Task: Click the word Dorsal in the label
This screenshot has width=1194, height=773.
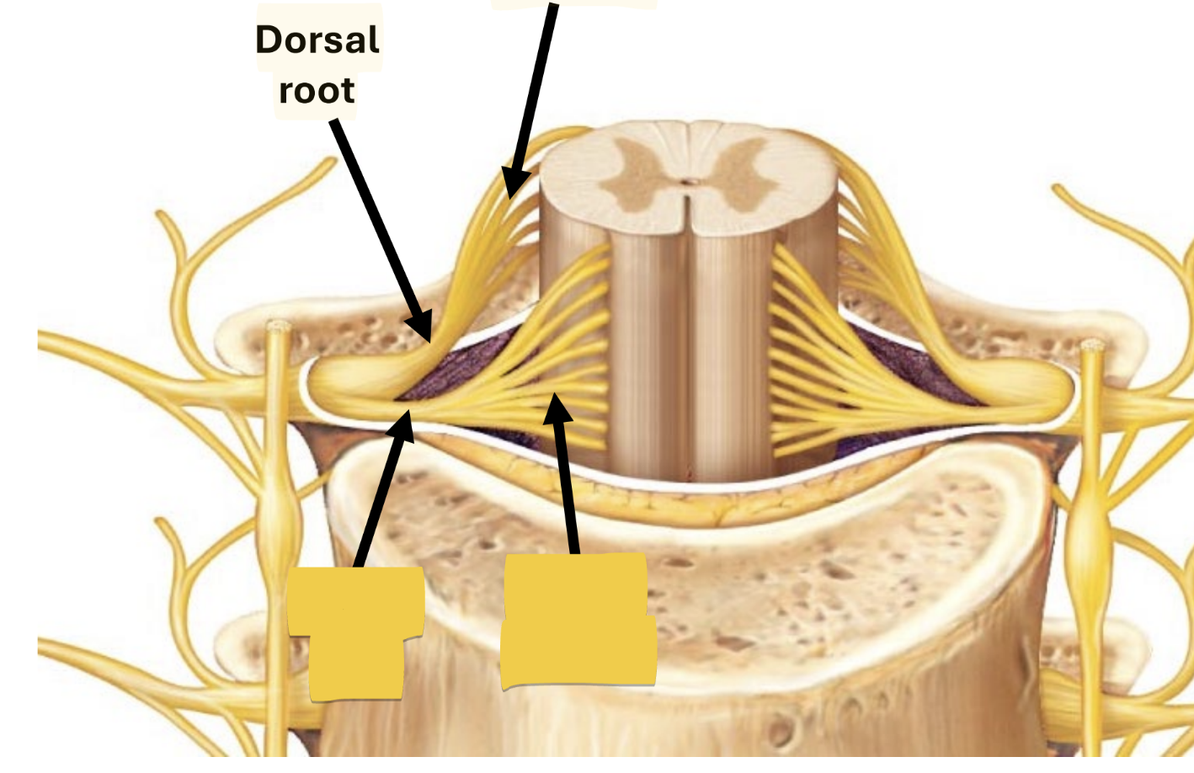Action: [317, 40]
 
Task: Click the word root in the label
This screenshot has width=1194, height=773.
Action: [317, 91]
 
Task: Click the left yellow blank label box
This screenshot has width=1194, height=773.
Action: [355, 632]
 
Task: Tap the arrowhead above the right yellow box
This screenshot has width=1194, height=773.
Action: [557, 408]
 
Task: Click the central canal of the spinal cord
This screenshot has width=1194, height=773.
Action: [690, 180]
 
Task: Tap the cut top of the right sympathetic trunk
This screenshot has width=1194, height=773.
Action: [1092, 345]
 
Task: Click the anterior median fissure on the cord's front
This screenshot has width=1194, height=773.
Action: [690, 354]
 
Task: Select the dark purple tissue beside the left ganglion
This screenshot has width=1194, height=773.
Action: [455, 371]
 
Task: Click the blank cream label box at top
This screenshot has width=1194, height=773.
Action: [573, 3]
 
